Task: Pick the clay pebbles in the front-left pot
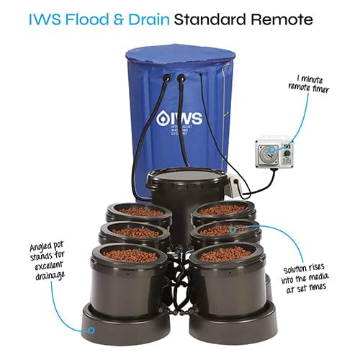click(130, 256)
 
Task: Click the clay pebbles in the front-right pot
click(225, 255)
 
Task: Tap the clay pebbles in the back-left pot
click(140, 212)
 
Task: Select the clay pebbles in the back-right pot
click(222, 210)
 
